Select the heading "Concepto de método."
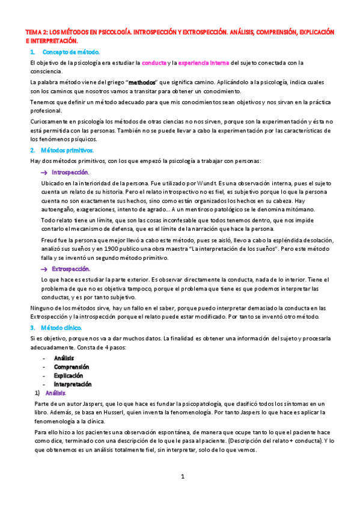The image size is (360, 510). pos(71,52)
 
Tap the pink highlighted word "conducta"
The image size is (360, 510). pos(153,63)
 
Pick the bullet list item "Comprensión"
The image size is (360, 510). pos(72,366)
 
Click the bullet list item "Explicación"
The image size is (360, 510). pos(70,375)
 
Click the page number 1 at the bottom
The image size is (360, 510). pos(183,477)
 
